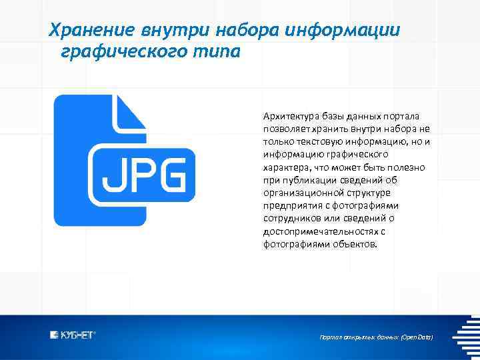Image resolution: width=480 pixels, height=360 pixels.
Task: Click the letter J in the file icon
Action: coord(109,175)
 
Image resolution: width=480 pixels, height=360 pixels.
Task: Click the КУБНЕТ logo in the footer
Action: coord(73,335)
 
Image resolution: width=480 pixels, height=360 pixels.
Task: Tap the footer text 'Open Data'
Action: coord(417,337)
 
